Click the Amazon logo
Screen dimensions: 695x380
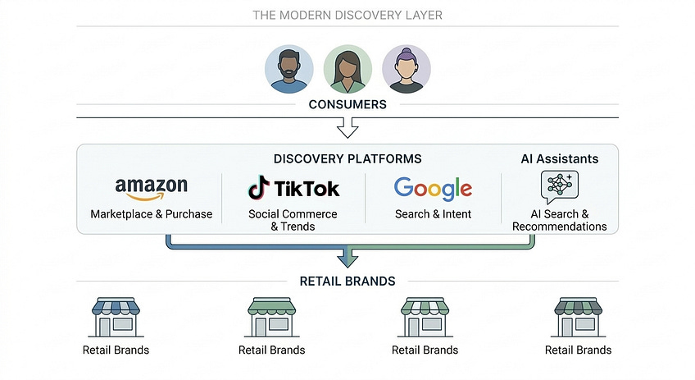[x=152, y=189]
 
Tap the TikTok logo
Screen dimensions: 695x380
[x=293, y=189]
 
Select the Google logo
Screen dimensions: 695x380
[x=433, y=189]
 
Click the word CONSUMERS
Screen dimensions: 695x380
[x=347, y=105]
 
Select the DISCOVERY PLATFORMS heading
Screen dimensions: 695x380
[x=347, y=158]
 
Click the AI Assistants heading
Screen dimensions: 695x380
[x=560, y=158]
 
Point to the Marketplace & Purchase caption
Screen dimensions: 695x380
[x=152, y=214]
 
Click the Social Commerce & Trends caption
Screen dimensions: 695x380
[x=293, y=220]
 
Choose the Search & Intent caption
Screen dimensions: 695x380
[x=433, y=214]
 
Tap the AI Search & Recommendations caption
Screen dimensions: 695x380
[x=560, y=220]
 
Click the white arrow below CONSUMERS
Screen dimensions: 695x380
[x=347, y=127]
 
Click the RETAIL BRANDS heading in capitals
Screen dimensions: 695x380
[x=347, y=281]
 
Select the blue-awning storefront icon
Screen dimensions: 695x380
[x=116, y=317]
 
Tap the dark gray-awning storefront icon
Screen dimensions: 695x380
[x=578, y=317]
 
